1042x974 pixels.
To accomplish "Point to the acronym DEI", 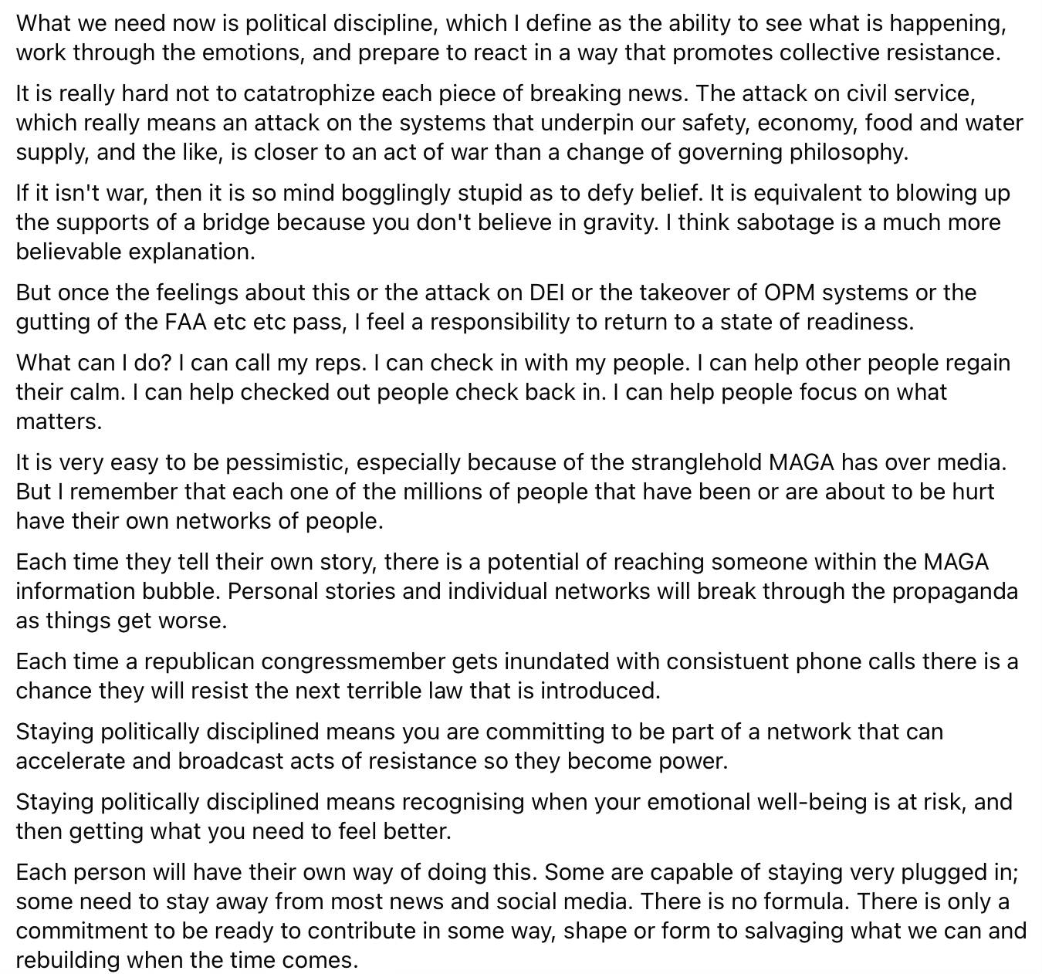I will [x=546, y=293].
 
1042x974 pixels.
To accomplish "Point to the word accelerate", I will [x=70, y=761].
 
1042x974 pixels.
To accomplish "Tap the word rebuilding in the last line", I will [x=67, y=960].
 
